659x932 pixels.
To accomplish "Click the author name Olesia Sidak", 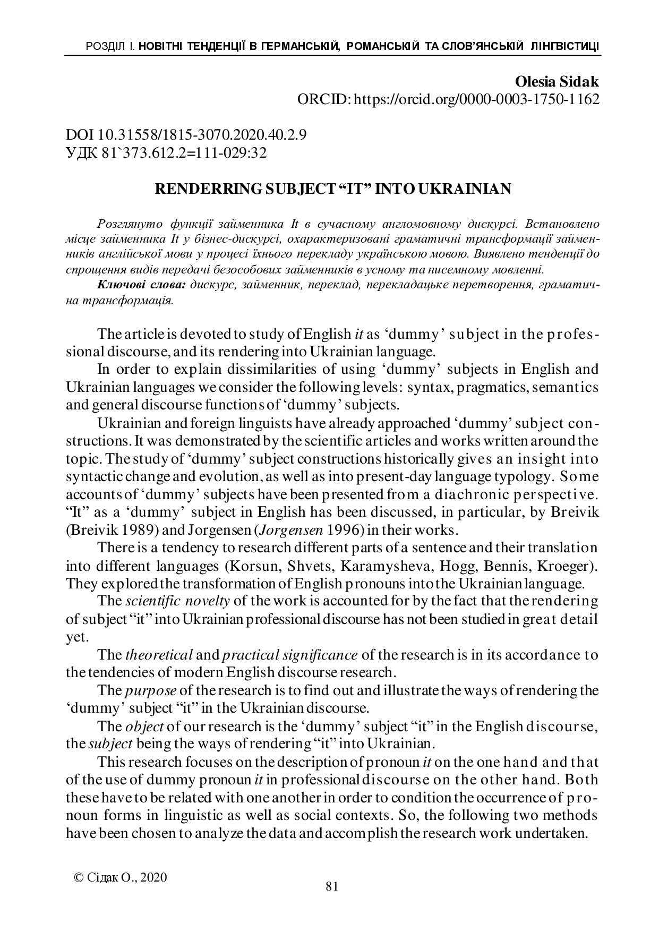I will point(557,82).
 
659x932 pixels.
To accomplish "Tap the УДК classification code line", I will point(166,153).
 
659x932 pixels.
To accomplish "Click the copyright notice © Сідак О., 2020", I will point(121,877).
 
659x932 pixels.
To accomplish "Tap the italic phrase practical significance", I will point(290,655).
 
